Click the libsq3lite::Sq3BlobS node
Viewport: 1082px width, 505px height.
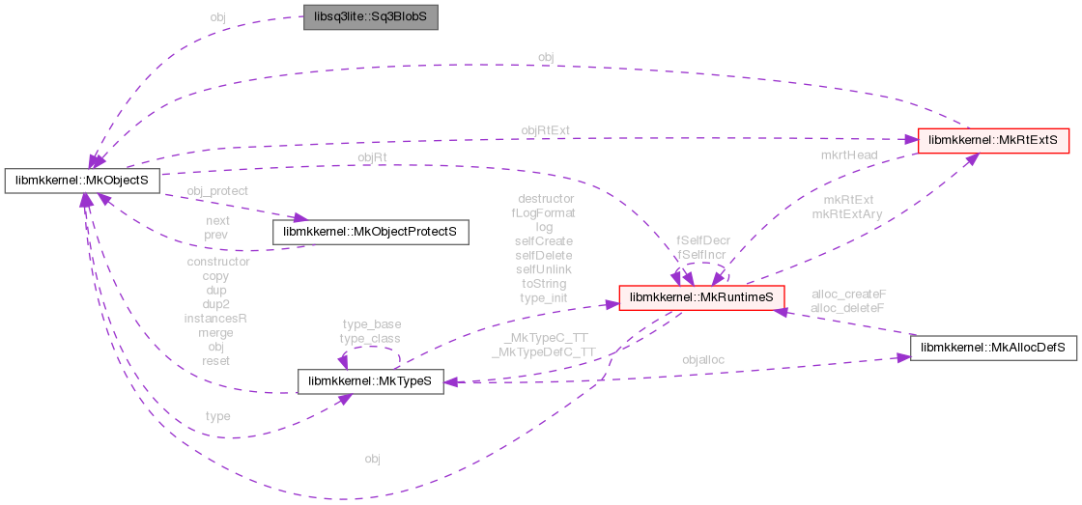tap(371, 18)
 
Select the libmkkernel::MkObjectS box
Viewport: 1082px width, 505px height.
tap(82, 180)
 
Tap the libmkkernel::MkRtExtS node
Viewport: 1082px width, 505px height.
tap(993, 140)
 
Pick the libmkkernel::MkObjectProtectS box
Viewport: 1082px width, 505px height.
tap(371, 232)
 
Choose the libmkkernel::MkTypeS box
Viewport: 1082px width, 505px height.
tap(371, 381)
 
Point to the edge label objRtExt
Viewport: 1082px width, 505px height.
tap(546, 129)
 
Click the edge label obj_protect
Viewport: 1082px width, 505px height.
tap(217, 190)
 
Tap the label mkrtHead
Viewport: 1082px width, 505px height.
tap(848, 154)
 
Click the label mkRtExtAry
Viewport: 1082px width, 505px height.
tap(847, 213)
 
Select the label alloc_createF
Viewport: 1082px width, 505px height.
tap(849, 294)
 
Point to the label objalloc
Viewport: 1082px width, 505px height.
tap(703, 359)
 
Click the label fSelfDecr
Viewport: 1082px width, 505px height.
tap(702, 239)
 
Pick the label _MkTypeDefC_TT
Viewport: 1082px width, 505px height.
tap(543, 351)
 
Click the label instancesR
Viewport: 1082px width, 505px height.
tap(216, 318)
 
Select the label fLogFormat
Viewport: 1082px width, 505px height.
tap(543, 212)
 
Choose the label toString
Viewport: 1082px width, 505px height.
tap(543, 284)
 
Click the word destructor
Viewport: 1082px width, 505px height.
tap(546, 198)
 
